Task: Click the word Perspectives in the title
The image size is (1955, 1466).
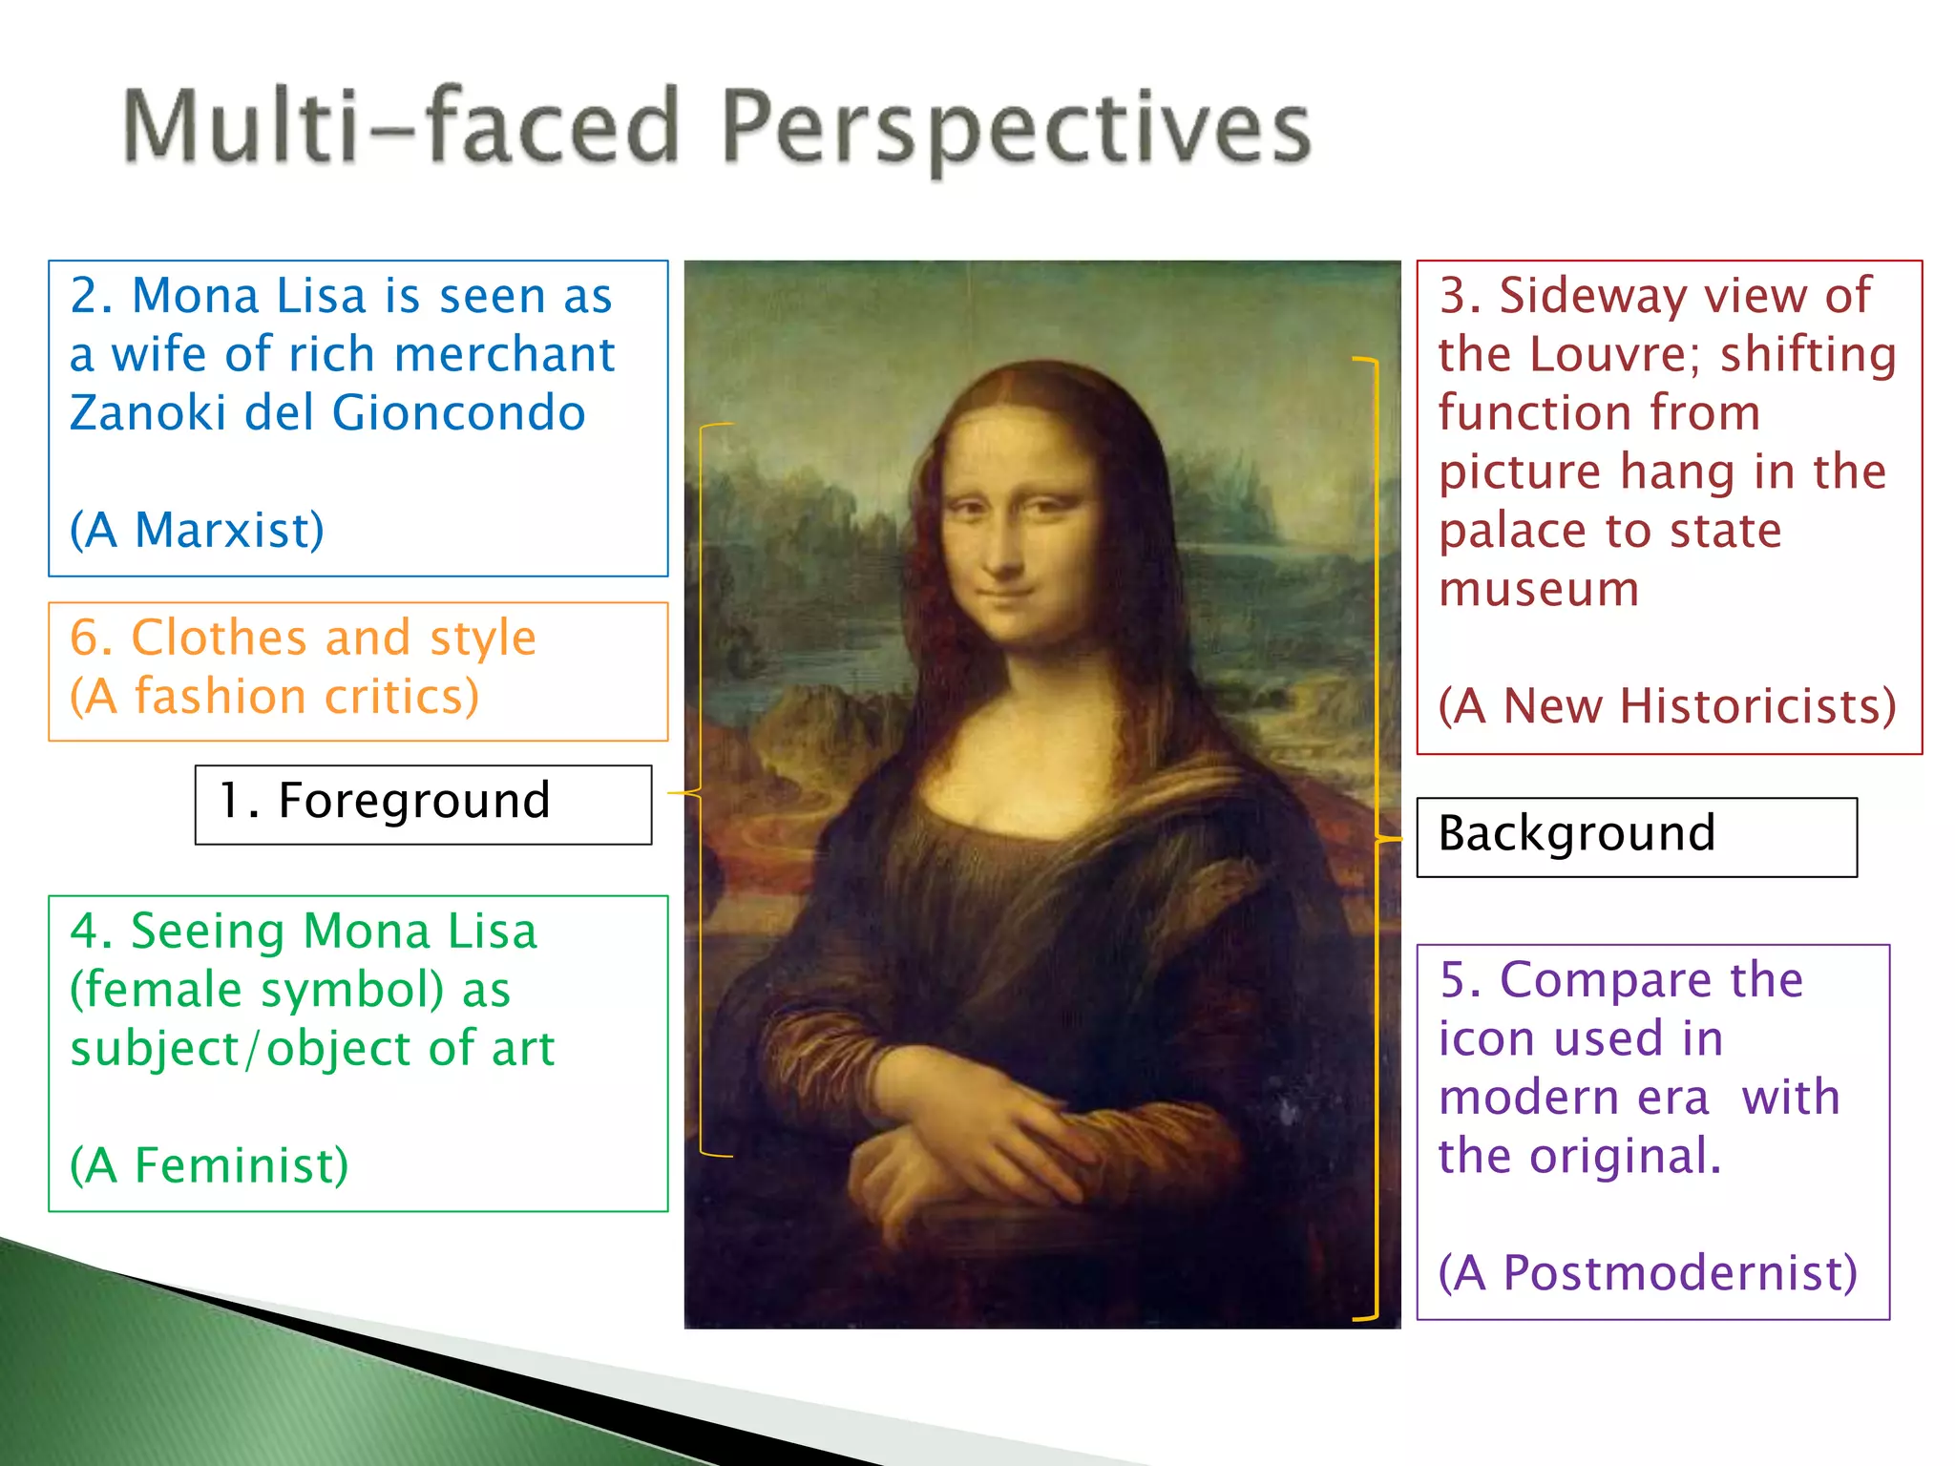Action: pyautogui.click(x=1017, y=129)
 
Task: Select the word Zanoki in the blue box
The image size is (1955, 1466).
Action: pyautogui.click(x=147, y=413)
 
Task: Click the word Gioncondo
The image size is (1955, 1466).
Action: pyautogui.click(x=458, y=413)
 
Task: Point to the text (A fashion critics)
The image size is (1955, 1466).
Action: pyautogui.click(x=275, y=696)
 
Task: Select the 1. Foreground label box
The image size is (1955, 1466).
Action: pyautogui.click(x=423, y=804)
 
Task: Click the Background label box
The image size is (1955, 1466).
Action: pyautogui.click(x=1635, y=836)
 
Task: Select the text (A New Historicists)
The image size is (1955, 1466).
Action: pyautogui.click(x=1667, y=706)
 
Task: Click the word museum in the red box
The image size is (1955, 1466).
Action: pyautogui.click(x=1538, y=589)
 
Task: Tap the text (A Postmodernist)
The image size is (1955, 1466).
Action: pyautogui.click(x=1648, y=1273)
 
